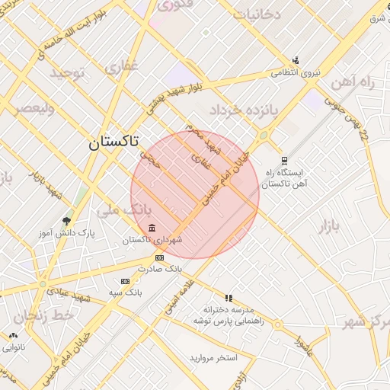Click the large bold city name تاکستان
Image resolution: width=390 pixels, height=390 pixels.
(114, 142)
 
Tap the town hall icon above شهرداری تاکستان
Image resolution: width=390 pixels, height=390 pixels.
(152, 229)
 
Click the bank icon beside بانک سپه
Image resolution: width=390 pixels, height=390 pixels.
(125, 282)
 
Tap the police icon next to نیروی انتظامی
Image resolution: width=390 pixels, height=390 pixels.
(295, 60)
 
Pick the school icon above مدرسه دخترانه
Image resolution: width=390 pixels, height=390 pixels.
(227, 298)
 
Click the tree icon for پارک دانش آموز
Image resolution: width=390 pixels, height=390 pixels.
(66, 221)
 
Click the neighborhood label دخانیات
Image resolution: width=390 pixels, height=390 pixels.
(256, 14)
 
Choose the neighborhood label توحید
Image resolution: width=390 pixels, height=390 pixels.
(69, 73)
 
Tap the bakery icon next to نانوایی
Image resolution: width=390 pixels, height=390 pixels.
(13, 335)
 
